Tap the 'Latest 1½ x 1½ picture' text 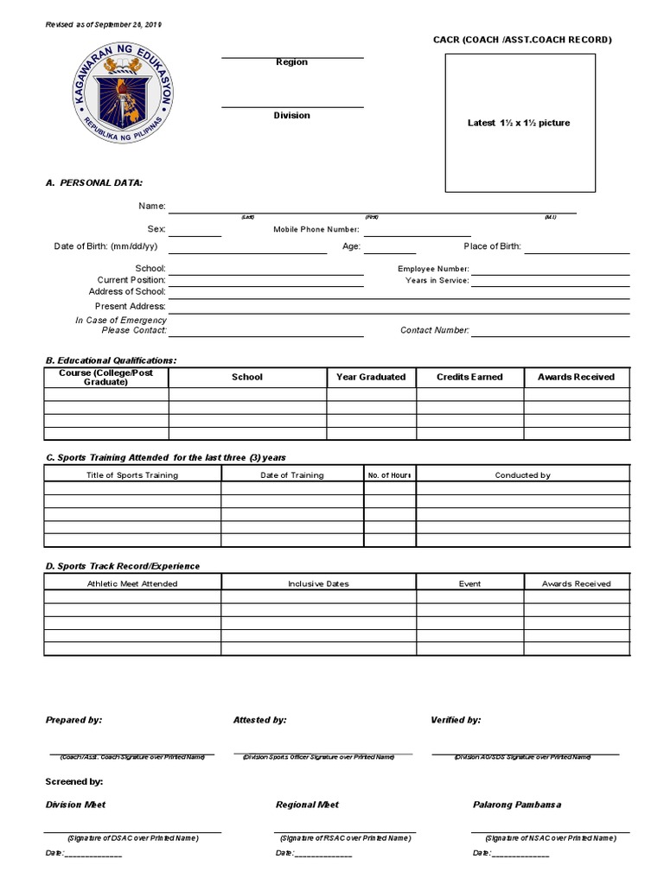[x=519, y=123]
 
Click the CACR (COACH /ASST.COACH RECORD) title [x=522, y=40]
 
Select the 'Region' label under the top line [x=291, y=62]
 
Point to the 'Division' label [x=291, y=115]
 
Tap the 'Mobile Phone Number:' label [x=316, y=229]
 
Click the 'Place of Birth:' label [x=492, y=246]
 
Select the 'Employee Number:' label [x=433, y=269]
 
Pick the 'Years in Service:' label [x=437, y=280]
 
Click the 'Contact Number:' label [x=435, y=330]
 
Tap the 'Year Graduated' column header [x=371, y=377]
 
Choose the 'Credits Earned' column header [x=469, y=377]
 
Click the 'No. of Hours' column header [x=389, y=475]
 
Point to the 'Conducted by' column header [x=522, y=475]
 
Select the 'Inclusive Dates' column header [x=318, y=583]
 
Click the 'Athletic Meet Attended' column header [x=132, y=583]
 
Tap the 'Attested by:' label [x=260, y=719]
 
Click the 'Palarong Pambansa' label [x=517, y=805]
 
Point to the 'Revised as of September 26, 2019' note [x=104, y=24]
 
